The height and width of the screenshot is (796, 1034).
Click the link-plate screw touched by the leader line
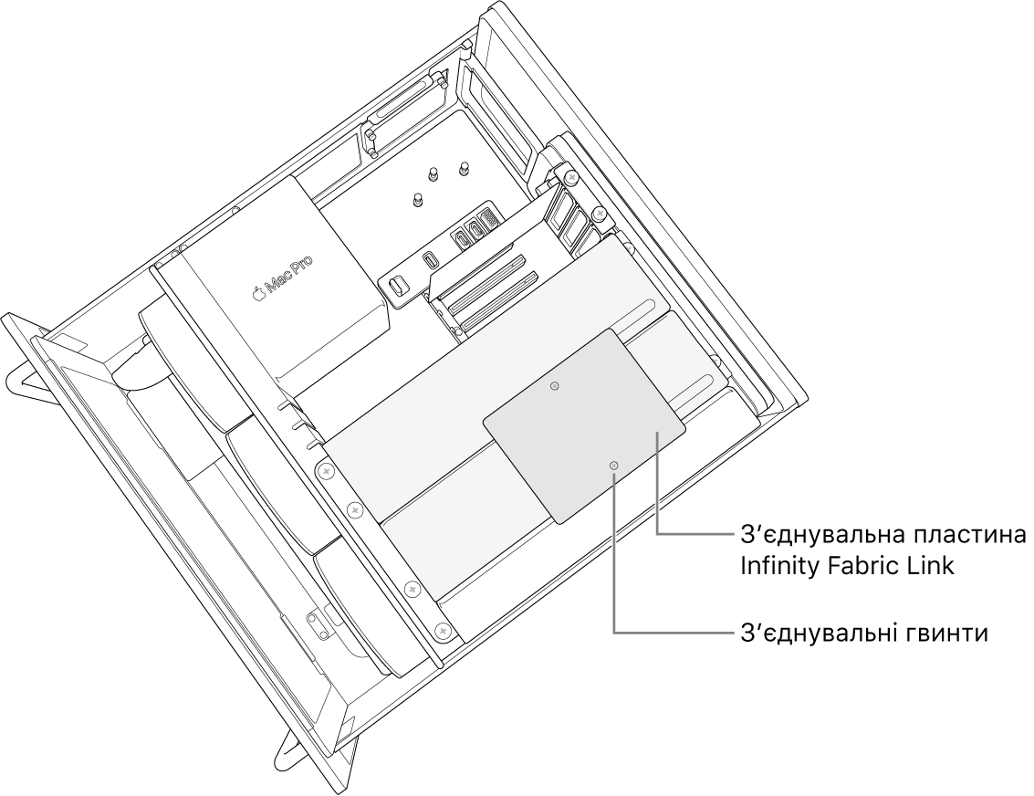(614, 466)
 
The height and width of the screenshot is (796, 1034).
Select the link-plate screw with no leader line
(555, 386)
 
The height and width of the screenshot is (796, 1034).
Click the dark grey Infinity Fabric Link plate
(584, 426)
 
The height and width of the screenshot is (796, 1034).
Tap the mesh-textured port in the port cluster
(488, 220)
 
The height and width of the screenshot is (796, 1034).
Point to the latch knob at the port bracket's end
(397, 287)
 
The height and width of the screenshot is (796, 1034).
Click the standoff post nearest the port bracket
(417, 200)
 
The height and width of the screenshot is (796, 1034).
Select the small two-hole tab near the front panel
(319, 623)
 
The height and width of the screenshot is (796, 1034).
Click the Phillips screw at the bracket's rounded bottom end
(443, 631)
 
